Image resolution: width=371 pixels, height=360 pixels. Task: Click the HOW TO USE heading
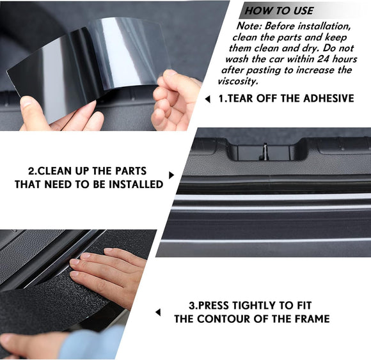point(280,10)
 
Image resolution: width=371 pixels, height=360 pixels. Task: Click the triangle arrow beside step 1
point(207,99)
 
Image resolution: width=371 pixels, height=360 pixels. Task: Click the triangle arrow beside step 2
point(171,175)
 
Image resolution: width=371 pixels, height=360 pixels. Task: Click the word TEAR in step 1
point(245,98)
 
